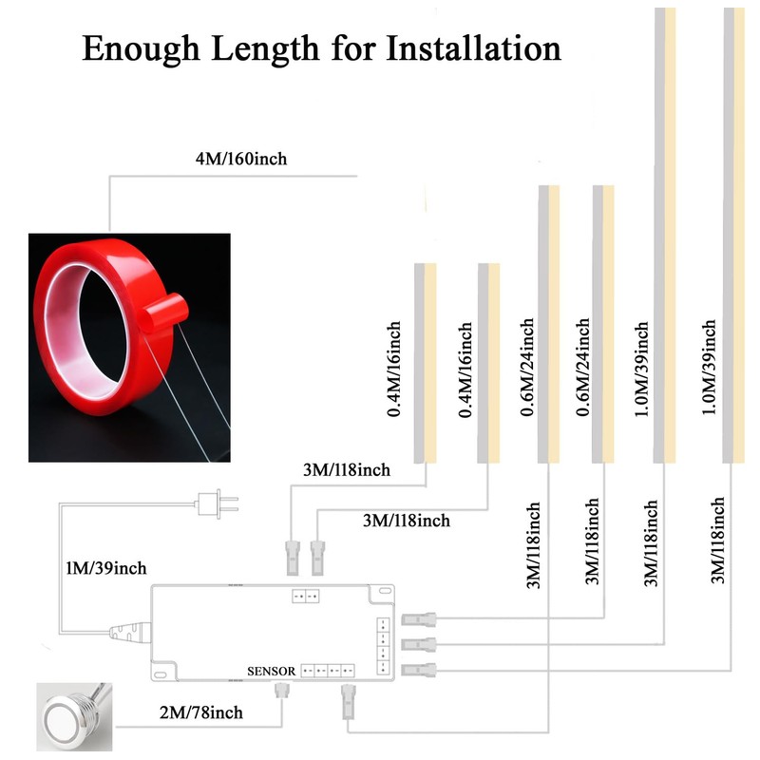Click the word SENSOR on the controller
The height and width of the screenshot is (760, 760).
(x=272, y=671)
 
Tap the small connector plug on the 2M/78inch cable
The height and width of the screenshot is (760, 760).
(x=281, y=693)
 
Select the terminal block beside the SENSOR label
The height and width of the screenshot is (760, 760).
(x=328, y=670)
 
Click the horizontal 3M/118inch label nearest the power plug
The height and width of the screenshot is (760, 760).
(x=346, y=469)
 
